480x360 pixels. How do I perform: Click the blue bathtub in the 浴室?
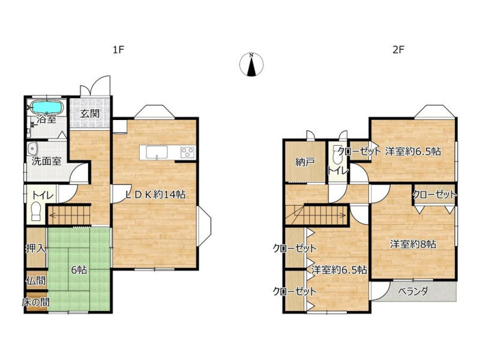click(47, 107)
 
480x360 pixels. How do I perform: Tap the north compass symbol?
click(251, 64)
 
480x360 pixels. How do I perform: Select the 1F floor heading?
click(118, 50)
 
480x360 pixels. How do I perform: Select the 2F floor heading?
click(398, 50)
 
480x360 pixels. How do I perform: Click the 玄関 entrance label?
click(89, 113)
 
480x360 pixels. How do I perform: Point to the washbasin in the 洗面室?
click(32, 149)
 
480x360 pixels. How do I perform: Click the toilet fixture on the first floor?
click(36, 211)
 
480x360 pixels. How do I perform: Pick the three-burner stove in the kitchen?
click(187, 152)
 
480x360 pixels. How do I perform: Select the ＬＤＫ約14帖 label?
click(156, 194)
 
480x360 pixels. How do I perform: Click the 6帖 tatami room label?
click(79, 270)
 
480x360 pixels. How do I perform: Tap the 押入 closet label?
click(36, 248)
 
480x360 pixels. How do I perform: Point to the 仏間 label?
click(36, 280)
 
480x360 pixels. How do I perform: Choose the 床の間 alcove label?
click(36, 302)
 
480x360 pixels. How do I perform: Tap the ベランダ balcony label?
click(413, 291)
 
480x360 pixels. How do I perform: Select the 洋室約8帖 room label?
click(413, 244)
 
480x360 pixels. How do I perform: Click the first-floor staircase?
click(69, 215)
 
